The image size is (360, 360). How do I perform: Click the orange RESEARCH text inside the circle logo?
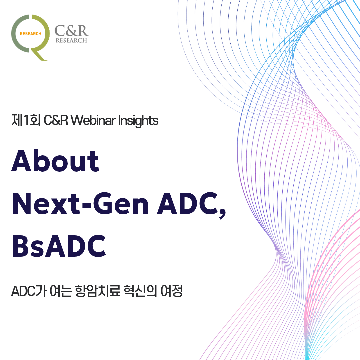31,34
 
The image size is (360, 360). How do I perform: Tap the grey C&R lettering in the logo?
71,31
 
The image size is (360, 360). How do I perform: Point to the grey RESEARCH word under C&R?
71,40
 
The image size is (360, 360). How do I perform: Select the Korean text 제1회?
26,120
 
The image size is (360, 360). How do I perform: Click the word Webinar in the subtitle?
93,120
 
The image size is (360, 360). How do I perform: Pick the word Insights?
138,121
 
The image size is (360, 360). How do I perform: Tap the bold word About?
55,161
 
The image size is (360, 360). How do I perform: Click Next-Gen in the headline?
80,204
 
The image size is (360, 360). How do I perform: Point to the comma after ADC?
222,214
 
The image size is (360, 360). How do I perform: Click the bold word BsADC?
59,246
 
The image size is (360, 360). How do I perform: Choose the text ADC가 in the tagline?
29,291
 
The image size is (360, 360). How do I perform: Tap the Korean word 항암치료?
98,291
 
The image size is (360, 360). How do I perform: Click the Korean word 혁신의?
140,291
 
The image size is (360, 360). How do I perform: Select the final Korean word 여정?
172,291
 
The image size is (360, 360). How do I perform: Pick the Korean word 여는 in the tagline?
61,291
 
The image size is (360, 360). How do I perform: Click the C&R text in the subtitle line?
56,120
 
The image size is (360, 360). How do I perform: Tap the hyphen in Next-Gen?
87,205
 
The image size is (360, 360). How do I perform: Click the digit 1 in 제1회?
26,120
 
